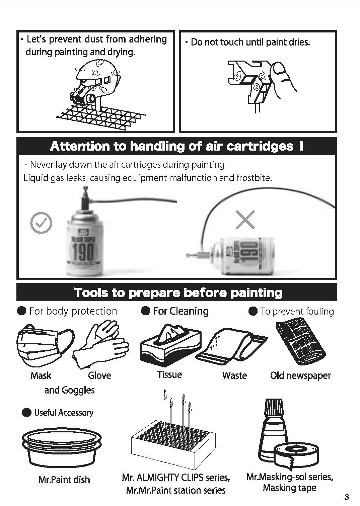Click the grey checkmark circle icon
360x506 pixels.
click(x=41, y=223)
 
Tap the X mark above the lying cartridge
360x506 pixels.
click(x=245, y=220)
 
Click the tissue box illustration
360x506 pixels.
click(x=170, y=344)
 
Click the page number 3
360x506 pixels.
click(x=347, y=497)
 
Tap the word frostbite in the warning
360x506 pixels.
click(x=254, y=178)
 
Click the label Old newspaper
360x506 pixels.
click(x=300, y=375)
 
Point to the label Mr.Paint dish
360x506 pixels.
click(x=64, y=479)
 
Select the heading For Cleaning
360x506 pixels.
click(x=181, y=311)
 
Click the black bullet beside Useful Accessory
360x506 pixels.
click(x=27, y=413)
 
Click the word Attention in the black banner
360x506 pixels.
click(x=80, y=146)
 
